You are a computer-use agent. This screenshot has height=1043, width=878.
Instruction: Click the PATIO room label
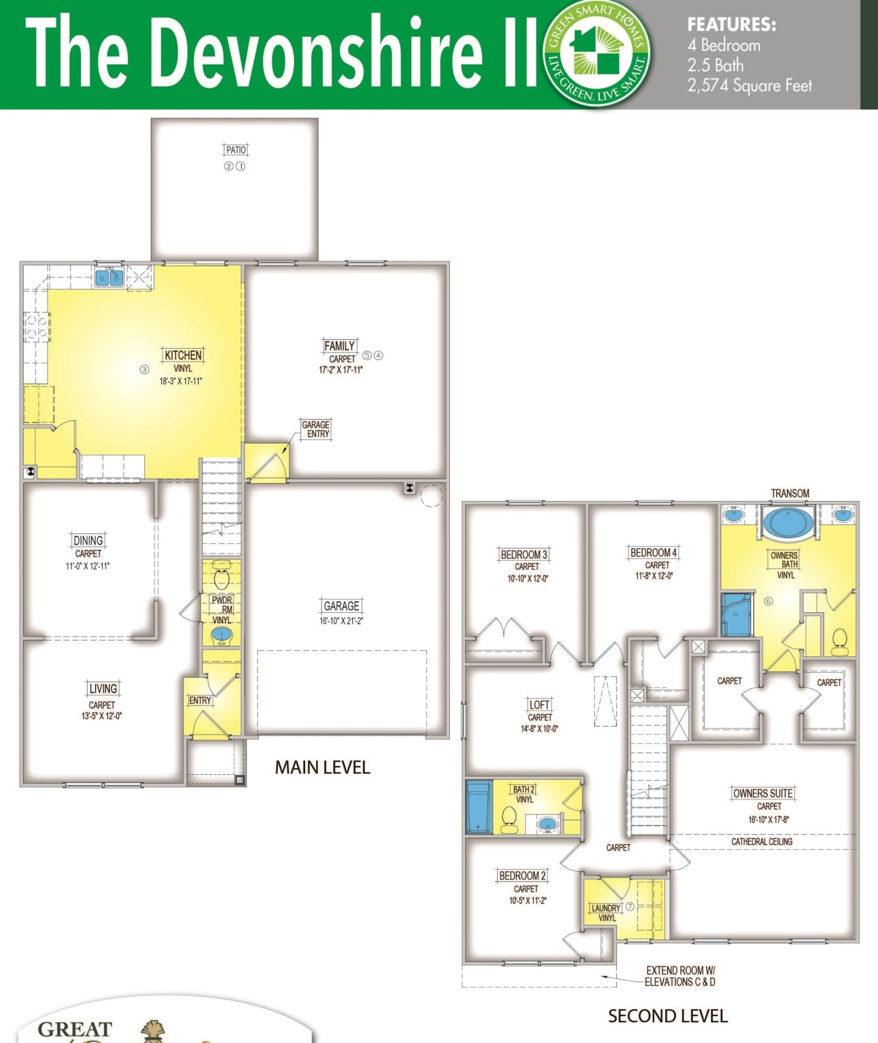[236, 150]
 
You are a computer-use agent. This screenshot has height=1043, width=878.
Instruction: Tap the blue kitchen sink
[109, 278]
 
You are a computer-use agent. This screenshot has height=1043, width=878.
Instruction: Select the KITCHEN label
[183, 355]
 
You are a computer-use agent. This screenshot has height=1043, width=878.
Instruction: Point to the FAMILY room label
[340, 346]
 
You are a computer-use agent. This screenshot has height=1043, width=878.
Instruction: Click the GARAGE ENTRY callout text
[316, 429]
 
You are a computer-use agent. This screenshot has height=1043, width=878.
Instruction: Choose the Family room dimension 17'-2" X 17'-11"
[341, 370]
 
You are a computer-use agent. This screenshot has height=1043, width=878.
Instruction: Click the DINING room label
[88, 541]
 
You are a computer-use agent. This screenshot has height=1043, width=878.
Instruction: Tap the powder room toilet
[221, 576]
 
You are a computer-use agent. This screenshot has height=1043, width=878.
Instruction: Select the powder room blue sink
[221, 635]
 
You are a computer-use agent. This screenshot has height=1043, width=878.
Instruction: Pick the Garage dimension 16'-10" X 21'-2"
[341, 621]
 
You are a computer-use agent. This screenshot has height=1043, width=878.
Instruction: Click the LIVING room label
[103, 689]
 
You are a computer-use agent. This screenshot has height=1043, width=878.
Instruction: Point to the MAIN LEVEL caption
[322, 767]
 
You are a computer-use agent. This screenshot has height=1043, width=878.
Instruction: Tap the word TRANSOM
[790, 493]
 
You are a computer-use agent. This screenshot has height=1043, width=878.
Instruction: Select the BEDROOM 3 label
[524, 555]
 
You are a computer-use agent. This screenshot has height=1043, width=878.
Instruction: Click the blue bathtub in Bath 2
[479, 807]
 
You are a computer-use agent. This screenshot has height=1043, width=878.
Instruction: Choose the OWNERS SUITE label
[763, 794]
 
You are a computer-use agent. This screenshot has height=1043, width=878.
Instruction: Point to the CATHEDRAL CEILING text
[762, 841]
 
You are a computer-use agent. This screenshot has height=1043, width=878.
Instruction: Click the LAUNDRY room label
[606, 908]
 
